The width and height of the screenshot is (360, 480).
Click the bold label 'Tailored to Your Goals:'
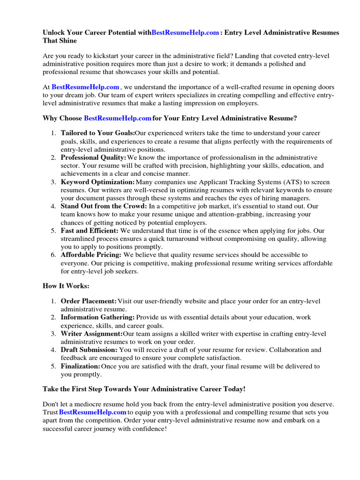pos(97,133)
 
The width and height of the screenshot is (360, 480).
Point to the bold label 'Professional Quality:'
pos(93,157)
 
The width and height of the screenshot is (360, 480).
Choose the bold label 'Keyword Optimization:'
pos(97,182)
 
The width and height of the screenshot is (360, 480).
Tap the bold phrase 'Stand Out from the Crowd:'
pos(104,206)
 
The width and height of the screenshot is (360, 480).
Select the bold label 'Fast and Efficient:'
pos(90,231)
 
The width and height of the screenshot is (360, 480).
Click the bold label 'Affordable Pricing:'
pos(91,255)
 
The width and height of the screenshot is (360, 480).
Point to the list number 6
pos(53,255)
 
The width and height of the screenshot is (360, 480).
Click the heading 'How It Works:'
pos(66,286)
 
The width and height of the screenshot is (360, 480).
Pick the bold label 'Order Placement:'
pos(89,301)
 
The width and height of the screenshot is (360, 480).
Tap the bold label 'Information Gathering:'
pos(97,318)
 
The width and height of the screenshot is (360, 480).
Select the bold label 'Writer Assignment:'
pos(91,334)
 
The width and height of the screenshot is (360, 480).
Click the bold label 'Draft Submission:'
pos(89,350)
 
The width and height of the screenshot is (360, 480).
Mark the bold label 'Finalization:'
pos(81,366)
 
